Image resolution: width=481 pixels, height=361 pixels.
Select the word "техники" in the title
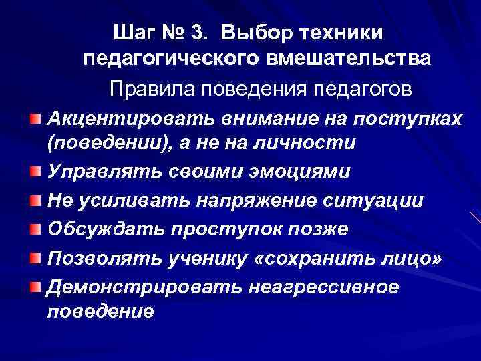pyautogui.click(x=350, y=31)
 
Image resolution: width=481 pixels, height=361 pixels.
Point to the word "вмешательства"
pyautogui.click(x=349, y=59)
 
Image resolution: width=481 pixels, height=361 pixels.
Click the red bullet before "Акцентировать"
pyautogui.click(x=37, y=118)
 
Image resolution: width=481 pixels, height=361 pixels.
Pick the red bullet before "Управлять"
pyautogui.click(x=37, y=172)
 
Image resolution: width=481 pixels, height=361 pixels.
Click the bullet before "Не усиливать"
pyautogui.click(x=37, y=200)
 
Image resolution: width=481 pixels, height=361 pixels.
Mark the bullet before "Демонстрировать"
pyautogui.click(x=37, y=286)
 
